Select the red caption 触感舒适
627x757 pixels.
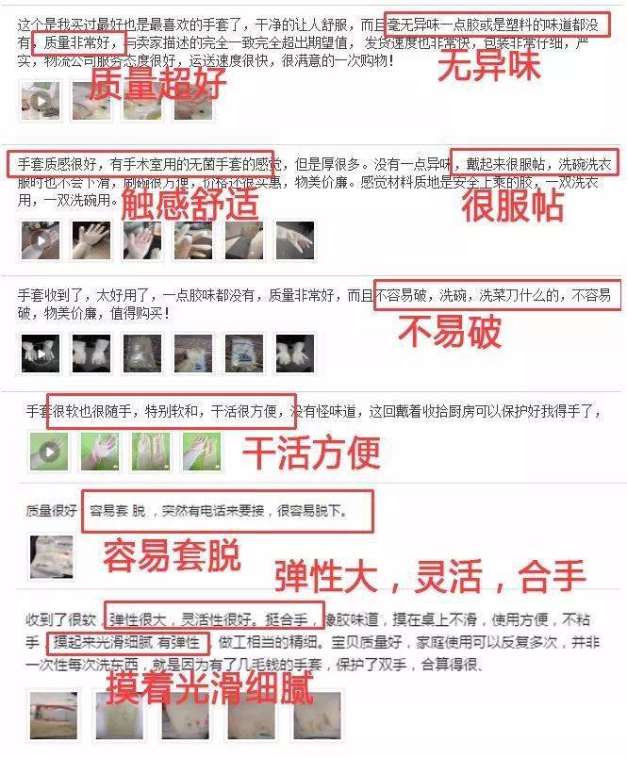coord(190,202)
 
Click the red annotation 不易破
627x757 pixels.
coord(449,331)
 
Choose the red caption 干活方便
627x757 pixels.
coord(312,453)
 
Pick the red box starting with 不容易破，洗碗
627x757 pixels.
coord(497,295)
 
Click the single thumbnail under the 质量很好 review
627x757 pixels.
coord(48,556)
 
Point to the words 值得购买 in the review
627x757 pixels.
coord(140,313)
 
